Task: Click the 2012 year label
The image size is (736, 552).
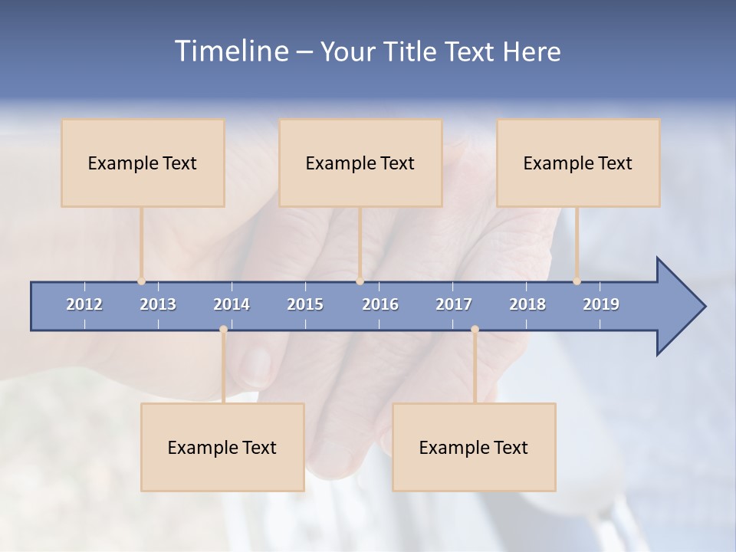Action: (84, 304)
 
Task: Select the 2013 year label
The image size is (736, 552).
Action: (158, 304)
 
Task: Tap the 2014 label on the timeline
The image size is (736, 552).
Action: (232, 304)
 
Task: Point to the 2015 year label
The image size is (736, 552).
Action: (305, 304)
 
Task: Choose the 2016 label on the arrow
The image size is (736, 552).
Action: (380, 304)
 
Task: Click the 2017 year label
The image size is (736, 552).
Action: (454, 304)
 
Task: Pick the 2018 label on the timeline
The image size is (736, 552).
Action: (527, 304)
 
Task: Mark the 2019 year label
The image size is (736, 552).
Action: (601, 304)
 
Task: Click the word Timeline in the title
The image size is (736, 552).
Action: (231, 51)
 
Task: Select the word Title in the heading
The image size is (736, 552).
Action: (410, 52)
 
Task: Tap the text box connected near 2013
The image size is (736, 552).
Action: (143, 163)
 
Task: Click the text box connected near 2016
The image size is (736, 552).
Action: (360, 163)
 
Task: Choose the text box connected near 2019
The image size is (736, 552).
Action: (578, 163)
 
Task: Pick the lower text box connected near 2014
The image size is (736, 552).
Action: (222, 447)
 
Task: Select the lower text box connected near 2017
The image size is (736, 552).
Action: (474, 447)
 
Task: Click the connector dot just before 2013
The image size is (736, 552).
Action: (141, 281)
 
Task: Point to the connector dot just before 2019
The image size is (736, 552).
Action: (577, 281)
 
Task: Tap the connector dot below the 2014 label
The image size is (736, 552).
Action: (223, 330)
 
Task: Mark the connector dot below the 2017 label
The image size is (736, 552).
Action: (475, 330)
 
